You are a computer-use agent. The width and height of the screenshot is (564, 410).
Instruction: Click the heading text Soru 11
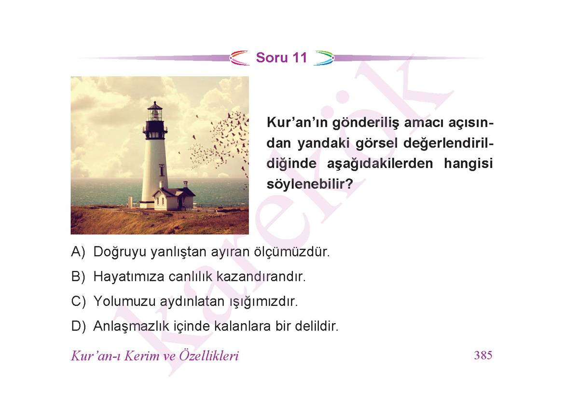pyautogui.click(x=281, y=57)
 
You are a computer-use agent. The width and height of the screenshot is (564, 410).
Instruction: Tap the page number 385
pyautogui.click(x=483, y=355)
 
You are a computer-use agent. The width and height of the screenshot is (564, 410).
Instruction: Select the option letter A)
pyautogui.click(x=78, y=252)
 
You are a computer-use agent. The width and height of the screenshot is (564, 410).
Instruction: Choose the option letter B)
pyautogui.click(x=78, y=276)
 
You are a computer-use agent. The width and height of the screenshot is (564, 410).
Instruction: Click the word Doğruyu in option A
pyautogui.click(x=120, y=252)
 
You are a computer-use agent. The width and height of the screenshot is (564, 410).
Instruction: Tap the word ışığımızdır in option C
pyautogui.click(x=263, y=301)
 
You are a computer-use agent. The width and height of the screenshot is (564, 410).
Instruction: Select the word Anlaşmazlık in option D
pyautogui.click(x=131, y=327)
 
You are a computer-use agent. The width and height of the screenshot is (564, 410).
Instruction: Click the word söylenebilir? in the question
pyautogui.click(x=310, y=184)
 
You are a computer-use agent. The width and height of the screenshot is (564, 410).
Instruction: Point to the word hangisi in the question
pyautogui.click(x=468, y=164)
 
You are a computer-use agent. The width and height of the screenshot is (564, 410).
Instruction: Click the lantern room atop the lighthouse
pyautogui.click(x=155, y=112)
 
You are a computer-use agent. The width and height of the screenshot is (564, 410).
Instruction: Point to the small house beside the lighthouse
pyautogui.click(x=174, y=197)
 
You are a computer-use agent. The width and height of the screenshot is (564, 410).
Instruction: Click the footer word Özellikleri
pyautogui.click(x=209, y=355)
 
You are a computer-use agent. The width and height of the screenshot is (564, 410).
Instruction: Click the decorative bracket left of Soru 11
pyautogui.click(x=240, y=58)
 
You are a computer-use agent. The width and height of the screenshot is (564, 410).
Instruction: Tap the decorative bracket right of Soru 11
pyautogui.click(x=324, y=58)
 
